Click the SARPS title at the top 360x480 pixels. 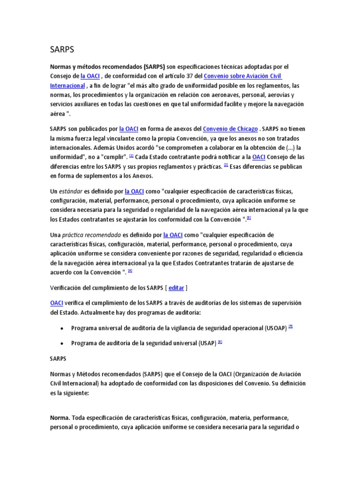(x=62, y=49)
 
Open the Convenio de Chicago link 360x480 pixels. (x=231, y=128)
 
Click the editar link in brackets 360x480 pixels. (x=176, y=287)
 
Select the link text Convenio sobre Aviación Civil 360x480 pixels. (x=243, y=76)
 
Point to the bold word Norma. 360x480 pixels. (x=60, y=417)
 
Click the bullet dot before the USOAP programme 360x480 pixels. (x=62, y=329)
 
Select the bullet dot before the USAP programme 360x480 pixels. (x=62, y=343)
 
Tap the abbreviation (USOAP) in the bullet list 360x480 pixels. (x=275, y=328)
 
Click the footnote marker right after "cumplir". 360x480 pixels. (x=132, y=156)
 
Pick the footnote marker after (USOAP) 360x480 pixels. (x=291, y=327)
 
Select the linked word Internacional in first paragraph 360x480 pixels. (x=67, y=86)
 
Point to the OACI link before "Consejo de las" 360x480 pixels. (x=259, y=157)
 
